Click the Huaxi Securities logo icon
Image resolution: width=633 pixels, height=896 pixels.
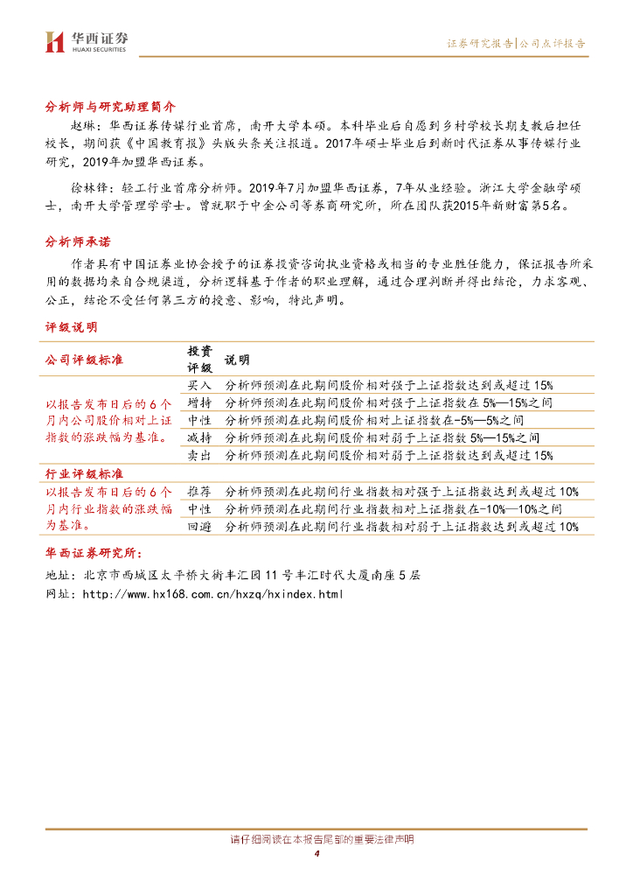[x=55, y=41]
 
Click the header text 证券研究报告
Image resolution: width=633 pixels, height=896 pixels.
[x=479, y=43]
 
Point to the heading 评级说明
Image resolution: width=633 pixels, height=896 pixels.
[x=71, y=327]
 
